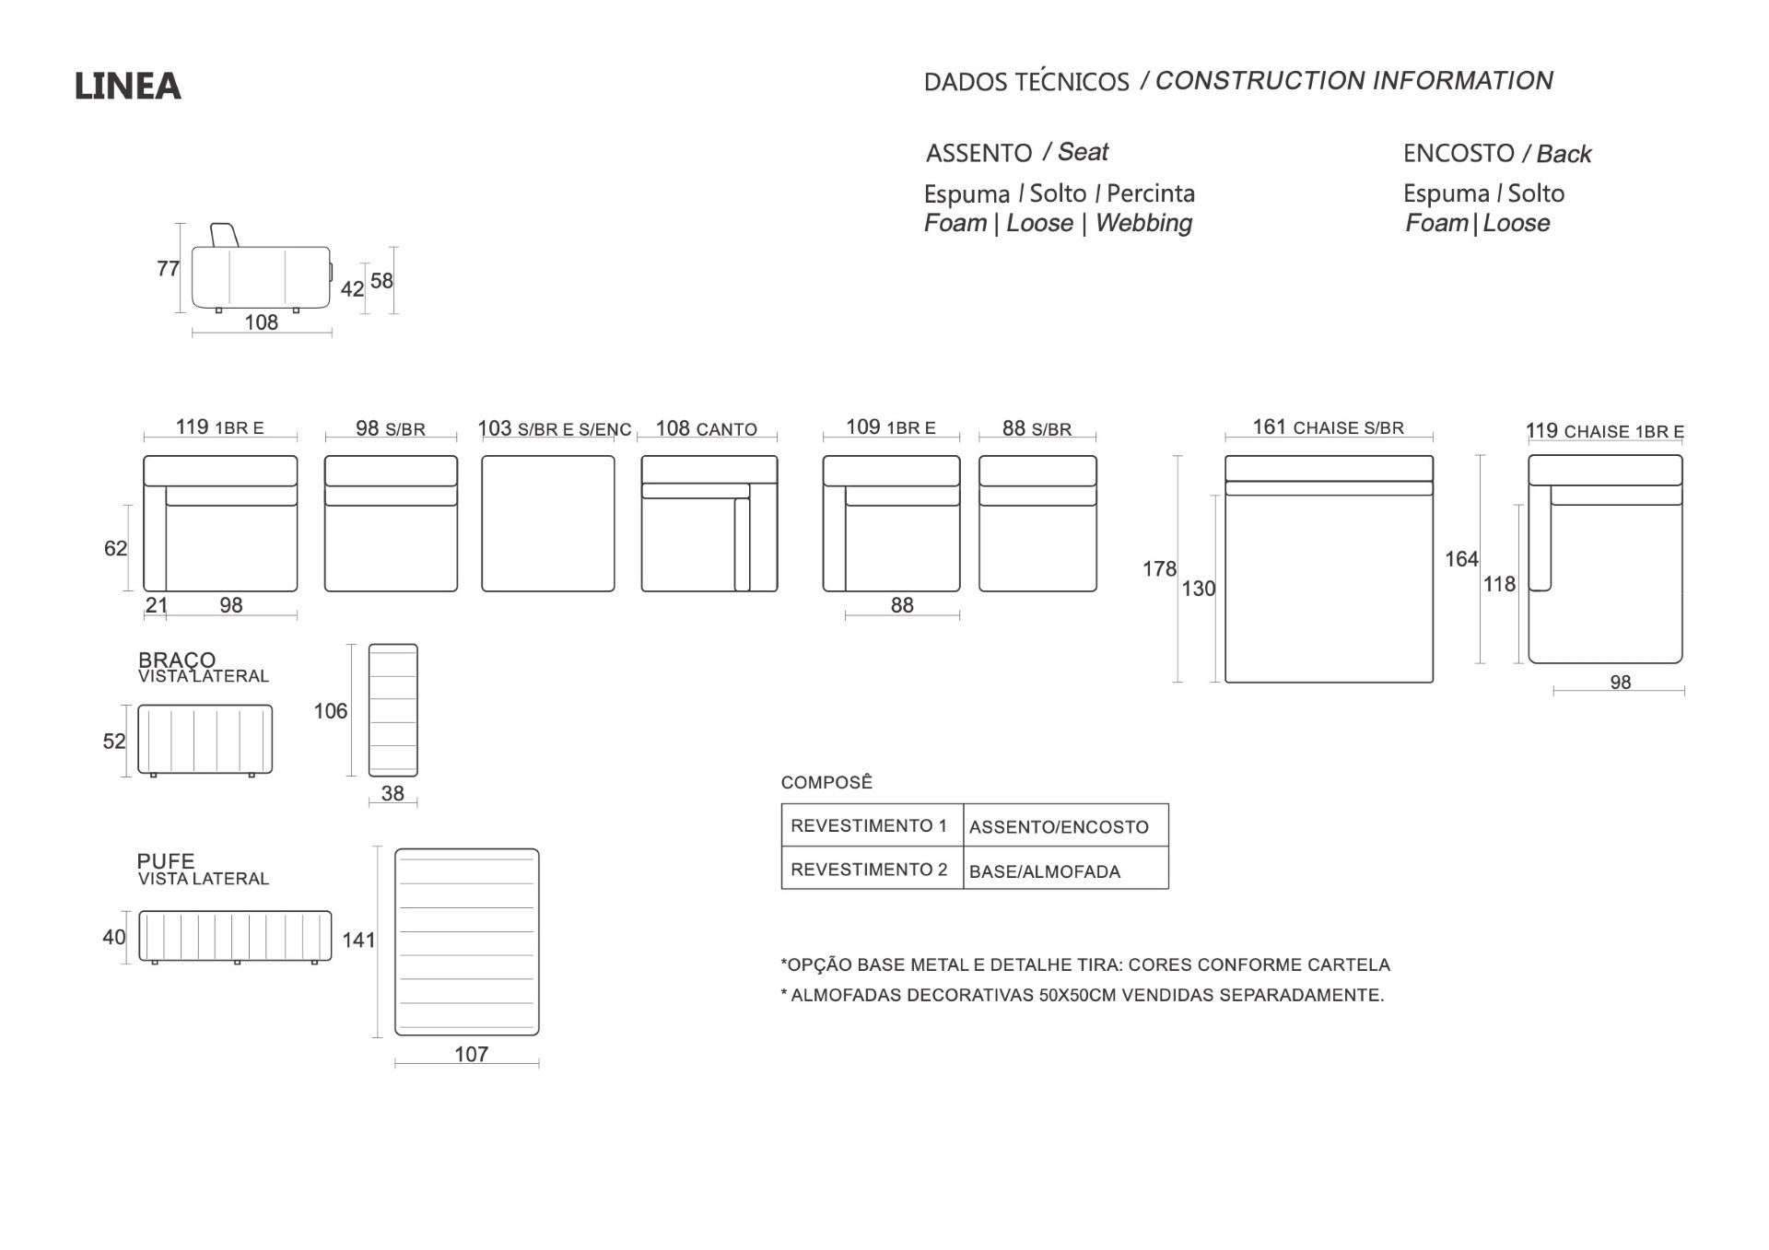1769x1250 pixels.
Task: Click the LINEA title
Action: pyautogui.click(x=127, y=87)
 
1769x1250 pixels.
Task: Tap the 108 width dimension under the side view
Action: pyautogui.click(x=262, y=322)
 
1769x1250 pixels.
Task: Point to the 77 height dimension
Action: pyautogui.click(x=168, y=268)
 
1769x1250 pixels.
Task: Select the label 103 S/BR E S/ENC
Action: pyautogui.click(x=555, y=429)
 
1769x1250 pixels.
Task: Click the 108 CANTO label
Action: pyautogui.click(x=706, y=429)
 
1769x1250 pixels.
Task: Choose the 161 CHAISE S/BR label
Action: pyautogui.click(x=1328, y=427)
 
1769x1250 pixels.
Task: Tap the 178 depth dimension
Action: pyautogui.click(x=1159, y=569)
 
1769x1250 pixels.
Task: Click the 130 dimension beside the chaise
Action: pyautogui.click(x=1199, y=589)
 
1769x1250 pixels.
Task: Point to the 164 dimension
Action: pyautogui.click(x=1461, y=559)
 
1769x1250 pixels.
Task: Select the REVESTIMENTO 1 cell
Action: pyautogui.click(x=869, y=825)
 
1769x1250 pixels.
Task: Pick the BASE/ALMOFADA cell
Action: pyautogui.click(x=1045, y=871)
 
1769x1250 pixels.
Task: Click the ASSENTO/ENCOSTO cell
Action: pyautogui.click(x=1059, y=827)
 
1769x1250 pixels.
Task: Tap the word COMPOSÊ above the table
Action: pyautogui.click(x=826, y=782)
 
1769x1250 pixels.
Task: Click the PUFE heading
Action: pyautogui.click(x=166, y=861)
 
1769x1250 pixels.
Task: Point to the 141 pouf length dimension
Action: pyautogui.click(x=359, y=940)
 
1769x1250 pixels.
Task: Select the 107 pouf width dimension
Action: pyautogui.click(x=471, y=1054)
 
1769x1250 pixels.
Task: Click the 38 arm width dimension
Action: pyautogui.click(x=392, y=793)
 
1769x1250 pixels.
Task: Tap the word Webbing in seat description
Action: pyautogui.click(x=1143, y=223)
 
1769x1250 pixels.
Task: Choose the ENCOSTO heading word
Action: pyautogui.click(x=1459, y=153)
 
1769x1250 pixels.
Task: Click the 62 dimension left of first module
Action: pyautogui.click(x=115, y=549)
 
